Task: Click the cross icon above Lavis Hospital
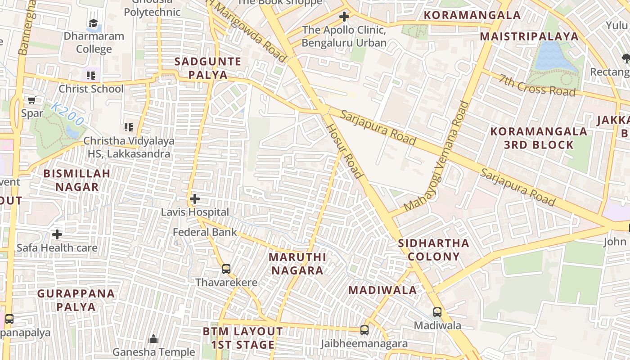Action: pos(194,199)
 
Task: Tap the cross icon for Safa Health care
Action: pos(57,234)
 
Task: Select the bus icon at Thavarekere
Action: pos(226,269)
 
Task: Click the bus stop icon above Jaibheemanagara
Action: pos(364,330)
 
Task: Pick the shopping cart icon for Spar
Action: pos(32,100)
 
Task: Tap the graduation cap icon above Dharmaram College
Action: pos(93,23)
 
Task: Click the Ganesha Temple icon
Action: pos(153,339)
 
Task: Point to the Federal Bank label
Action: pos(205,232)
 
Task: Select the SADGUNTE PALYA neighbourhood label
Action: pos(208,68)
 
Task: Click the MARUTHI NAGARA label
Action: pos(297,264)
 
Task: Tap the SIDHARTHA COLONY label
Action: pos(434,250)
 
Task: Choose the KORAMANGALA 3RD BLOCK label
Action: pos(539,138)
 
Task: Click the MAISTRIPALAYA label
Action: pos(529,36)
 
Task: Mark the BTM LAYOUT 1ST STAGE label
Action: pos(243,338)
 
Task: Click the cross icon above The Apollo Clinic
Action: pos(344,17)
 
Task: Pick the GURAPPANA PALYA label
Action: pos(76,300)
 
